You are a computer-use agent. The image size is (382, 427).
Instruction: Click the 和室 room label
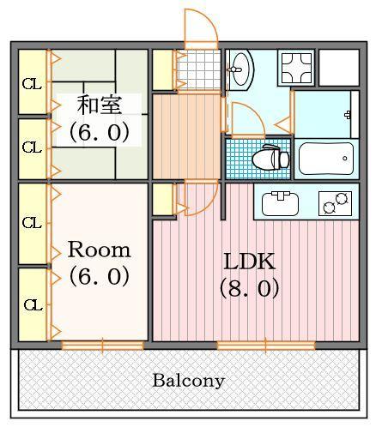coord(100,105)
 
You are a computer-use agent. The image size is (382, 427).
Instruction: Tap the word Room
coord(100,250)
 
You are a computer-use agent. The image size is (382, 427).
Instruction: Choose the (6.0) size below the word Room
coord(100,277)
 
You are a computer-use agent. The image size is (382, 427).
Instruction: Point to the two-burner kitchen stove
coord(335,203)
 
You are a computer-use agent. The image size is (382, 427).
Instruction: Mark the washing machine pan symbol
coord(297,66)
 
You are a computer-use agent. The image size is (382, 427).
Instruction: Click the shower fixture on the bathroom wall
coord(348,114)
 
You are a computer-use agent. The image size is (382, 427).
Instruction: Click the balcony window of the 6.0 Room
coord(103,345)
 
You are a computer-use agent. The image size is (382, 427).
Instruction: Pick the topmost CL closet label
coord(32,84)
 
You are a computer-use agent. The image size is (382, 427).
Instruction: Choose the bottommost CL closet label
coord(32,304)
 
